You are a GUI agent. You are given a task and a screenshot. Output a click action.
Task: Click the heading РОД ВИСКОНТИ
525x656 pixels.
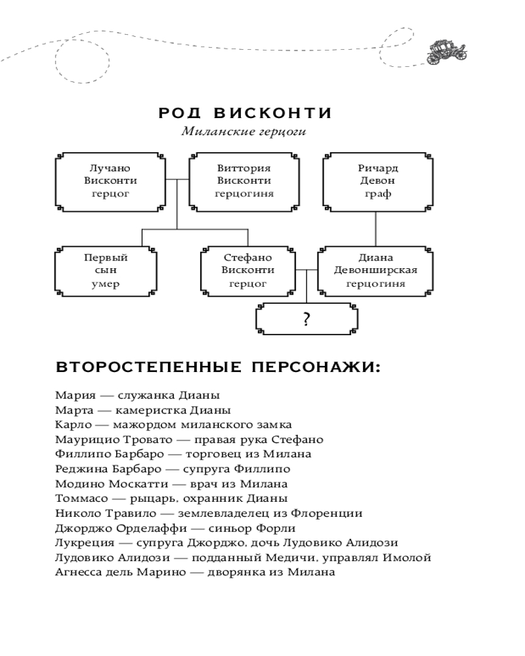pos(245,113)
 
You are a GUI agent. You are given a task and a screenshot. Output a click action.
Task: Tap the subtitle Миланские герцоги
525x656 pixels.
pos(245,131)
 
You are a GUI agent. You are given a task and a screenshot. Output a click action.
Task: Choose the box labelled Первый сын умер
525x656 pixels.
pos(106,270)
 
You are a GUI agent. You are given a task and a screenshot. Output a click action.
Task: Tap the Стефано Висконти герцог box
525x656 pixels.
pos(247,270)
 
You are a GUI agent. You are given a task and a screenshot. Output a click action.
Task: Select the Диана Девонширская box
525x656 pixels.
pos(375,270)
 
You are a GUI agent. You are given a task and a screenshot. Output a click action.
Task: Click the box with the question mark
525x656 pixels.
pos(306,319)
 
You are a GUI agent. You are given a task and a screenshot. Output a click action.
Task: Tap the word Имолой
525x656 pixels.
pos(409,558)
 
